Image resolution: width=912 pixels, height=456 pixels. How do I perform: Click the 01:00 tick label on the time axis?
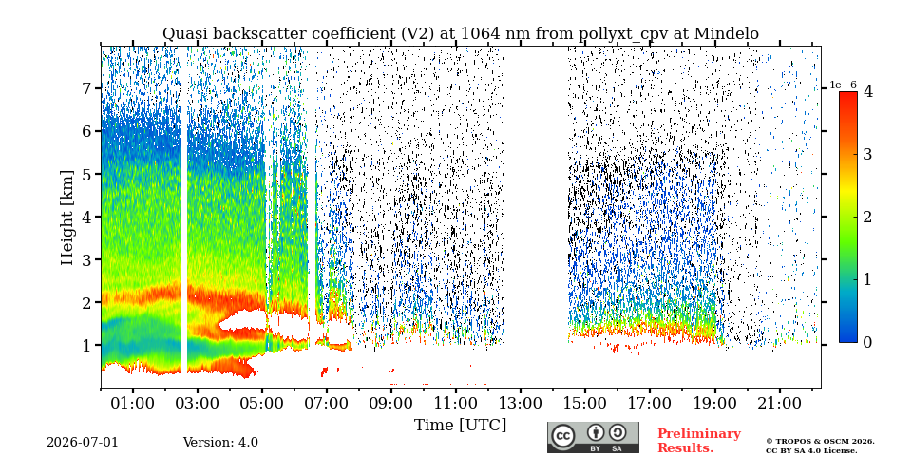(x=133, y=403)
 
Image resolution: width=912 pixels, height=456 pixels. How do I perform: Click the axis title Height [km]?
(x=68, y=218)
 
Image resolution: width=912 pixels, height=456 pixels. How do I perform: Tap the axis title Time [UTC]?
(x=460, y=426)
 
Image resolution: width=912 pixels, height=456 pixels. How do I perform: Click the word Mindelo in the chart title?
(x=730, y=34)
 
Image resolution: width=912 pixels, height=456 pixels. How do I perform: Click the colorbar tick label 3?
(x=867, y=154)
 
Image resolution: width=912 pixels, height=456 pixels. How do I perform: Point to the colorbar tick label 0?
(x=867, y=343)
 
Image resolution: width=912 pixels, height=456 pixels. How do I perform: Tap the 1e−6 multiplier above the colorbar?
(x=843, y=85)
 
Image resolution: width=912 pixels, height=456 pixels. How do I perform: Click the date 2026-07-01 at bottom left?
(x=82, y=443)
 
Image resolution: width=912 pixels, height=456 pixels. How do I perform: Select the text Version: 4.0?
(x=220, y=443)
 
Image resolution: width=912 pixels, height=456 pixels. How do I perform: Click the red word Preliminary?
(x=699, y=434)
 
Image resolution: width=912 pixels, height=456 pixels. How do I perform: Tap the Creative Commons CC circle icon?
(x=563, y=436)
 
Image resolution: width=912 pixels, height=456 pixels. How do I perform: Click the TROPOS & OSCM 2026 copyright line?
(x=820, y=442)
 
